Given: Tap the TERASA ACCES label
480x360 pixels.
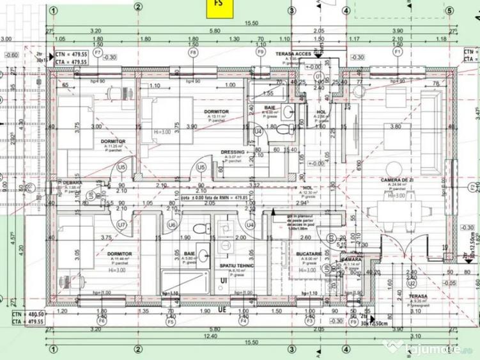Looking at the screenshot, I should click(293, 54).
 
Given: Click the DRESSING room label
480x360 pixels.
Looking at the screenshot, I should click(233, 152).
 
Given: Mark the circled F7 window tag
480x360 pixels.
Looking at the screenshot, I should click(98, 51).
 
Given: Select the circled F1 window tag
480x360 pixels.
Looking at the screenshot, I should click(398, 51).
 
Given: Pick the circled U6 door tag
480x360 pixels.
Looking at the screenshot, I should click(171, 225).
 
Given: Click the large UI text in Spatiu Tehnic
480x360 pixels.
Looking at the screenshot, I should click(224, 281).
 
